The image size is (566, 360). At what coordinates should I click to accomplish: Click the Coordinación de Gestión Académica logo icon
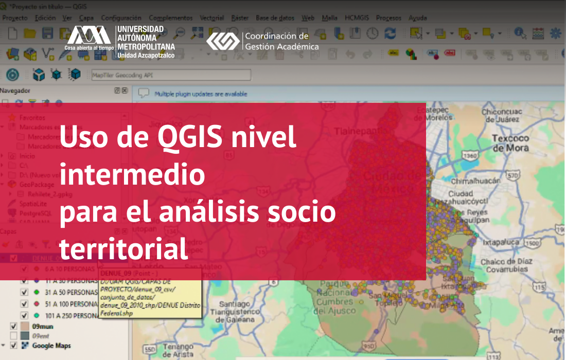tap(222, 41)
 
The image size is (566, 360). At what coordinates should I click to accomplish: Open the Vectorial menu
tap(211, 18)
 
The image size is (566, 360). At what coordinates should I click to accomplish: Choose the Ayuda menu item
tap(417, 18)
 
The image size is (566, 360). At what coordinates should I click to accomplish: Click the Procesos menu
tap(388, 18)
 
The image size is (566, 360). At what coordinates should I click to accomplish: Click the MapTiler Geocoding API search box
tap(170, 75)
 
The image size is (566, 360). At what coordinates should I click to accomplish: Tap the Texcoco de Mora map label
tap(510, 143)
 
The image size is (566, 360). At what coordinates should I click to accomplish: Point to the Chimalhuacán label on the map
tap(475, 182)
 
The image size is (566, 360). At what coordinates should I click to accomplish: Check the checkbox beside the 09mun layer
tap(14, 326)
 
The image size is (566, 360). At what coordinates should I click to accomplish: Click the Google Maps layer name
tap(51, 346)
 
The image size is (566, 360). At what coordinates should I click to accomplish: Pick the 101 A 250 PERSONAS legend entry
tap(72, 315)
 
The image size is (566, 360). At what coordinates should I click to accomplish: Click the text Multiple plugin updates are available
tap(201, 94)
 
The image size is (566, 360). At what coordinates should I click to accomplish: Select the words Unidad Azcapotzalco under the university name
tap(146, 55)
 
